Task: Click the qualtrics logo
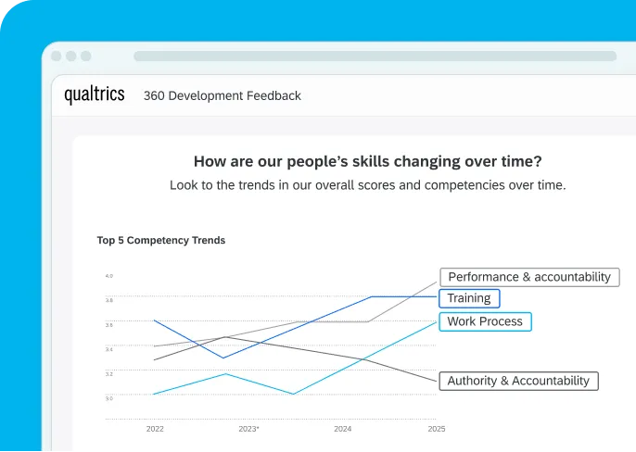coord(94,94)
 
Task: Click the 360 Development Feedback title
coord(222,95)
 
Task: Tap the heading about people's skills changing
coord(367,160)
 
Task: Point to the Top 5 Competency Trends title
coord(160,240)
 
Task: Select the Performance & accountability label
coord(529,277)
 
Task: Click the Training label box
coord(469,298)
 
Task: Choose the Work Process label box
coord(485,321)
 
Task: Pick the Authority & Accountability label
coord(518,381)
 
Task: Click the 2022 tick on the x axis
coord(155,429)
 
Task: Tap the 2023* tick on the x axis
coord(248,429)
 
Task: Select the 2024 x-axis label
coord(342,429)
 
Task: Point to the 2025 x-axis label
coord(437,429)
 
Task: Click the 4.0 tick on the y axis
coord(108,276)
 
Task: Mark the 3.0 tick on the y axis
coord(108,398)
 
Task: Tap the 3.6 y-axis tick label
coord(108,325)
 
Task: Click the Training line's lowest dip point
coord(223,358)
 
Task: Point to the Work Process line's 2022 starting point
coord(154,394)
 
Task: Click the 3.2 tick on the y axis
coord(108,374)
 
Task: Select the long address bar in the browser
coord(375,56)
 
